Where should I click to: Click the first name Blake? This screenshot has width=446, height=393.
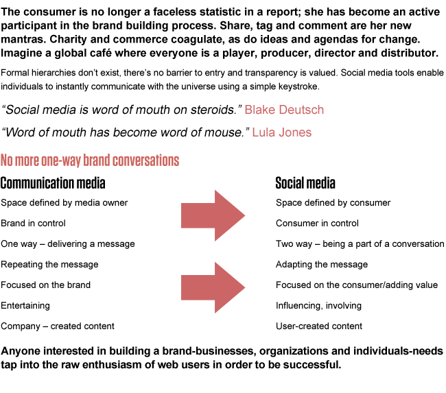[259, 110]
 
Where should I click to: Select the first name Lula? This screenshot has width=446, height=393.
[263, 132]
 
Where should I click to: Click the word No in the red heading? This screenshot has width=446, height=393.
[7, 161]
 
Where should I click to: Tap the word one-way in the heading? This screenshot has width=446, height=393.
[61, 161]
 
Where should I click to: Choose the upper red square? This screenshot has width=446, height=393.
[213, 215]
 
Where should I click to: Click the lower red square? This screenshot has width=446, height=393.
[213, 287]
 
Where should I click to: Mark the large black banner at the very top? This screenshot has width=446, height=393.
[220, 33]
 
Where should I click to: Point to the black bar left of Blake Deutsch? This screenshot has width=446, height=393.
[122, 110]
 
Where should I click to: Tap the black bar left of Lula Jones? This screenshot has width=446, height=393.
[125, 132]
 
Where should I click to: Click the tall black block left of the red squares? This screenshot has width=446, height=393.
[68, 265]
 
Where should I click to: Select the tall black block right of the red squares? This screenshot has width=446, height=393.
[360, 264]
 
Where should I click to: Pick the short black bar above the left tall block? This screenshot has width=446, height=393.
[53, 182]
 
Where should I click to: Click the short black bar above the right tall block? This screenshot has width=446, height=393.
[305, 182]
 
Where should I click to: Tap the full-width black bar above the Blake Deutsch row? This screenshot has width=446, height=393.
[222, 80]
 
